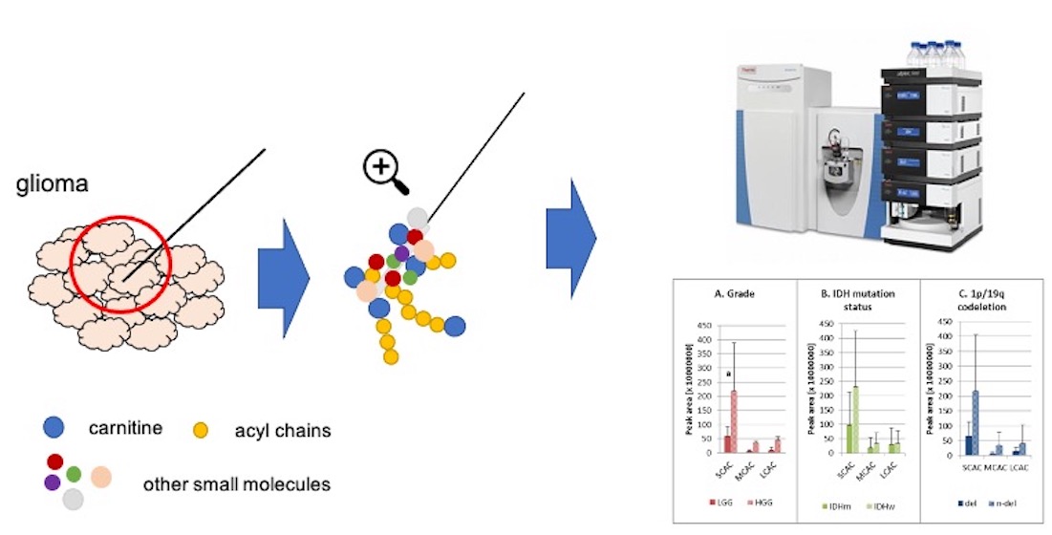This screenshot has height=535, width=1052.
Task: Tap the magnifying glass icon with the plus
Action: pos(382,171)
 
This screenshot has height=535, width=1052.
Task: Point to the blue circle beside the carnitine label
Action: pos(55,429)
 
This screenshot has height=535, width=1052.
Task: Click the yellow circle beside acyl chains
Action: pos(200,430)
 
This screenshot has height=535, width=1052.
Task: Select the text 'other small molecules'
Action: pos(236,484)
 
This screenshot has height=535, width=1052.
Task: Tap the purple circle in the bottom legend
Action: pos(52,482)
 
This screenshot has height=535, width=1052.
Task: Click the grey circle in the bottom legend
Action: pos(73,499)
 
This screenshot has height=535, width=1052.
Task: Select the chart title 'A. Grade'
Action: pos(736,293)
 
